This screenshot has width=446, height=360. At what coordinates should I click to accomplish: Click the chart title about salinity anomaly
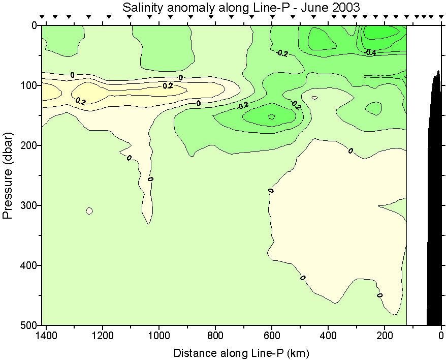click(x=241, y=7)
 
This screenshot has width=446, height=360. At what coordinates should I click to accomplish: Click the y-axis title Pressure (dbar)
click(x=8, y=175)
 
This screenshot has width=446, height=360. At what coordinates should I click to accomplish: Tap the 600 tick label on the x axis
click(x=272, y=336)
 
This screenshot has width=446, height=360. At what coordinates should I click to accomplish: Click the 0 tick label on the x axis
click(x=441, y=336)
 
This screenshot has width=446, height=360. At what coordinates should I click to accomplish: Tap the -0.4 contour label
click(x=370, y=52)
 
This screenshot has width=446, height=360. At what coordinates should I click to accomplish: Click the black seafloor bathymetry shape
click(x=434, y=203)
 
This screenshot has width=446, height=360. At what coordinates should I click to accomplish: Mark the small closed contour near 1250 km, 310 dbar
click(x=89, y=211)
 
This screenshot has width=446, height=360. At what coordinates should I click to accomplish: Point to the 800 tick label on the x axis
click(x=215, y=336)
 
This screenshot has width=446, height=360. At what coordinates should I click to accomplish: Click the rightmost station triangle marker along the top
click(x=440, y=18)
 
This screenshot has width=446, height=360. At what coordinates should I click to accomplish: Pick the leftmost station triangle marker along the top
click(x=42, y=18)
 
